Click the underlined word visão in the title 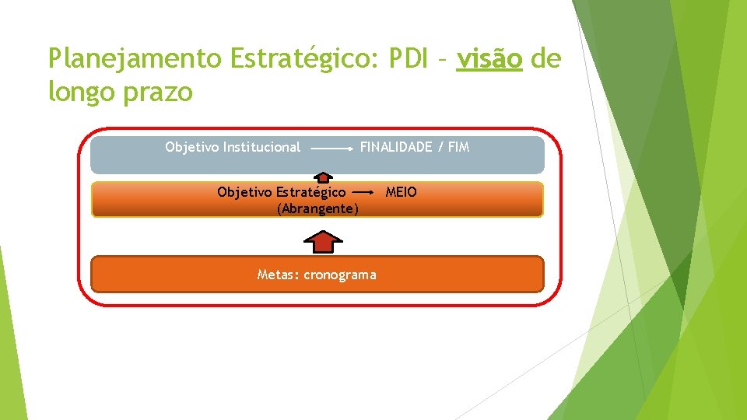coord(489,58)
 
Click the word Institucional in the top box coord(261,147)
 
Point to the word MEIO coord(402,191)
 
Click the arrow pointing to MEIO coord(364,191)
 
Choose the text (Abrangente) coord(317,208)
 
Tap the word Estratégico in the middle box coord(311,191)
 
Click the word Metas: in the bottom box coord(279,275)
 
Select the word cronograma coord(340,275)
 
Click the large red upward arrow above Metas coord(323,242)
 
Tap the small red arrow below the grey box coord(323,177)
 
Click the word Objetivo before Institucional coord(191,147)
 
